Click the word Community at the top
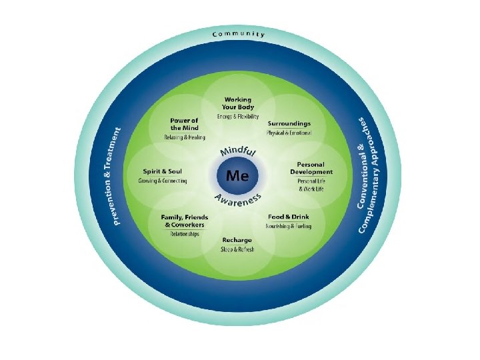(x=239, y=33)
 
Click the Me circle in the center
(x=238, y=175)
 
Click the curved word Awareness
(x=238, y=199)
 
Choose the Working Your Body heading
(x=238, y=103)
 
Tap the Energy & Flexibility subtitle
(x=238, y=117)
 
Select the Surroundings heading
(x=289, y=124)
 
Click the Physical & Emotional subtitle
(x=289, y=133)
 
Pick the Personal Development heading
(x=311, y=168)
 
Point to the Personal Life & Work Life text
(x=311, y=185)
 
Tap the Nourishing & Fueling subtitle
(x=289, y=227)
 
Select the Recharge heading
(x=237, y=240)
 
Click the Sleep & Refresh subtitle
(x=237, y=249)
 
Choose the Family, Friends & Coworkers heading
(x=185, y=221)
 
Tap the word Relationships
(x=185, y=234)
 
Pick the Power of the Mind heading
(x=184, y=124)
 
